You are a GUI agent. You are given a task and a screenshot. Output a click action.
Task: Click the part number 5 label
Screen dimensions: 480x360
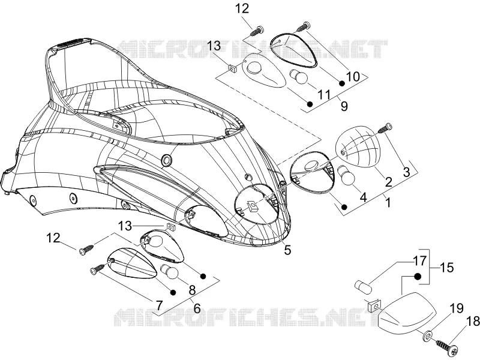(287, 250)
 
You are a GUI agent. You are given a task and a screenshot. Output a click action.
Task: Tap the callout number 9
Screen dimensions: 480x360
(344, 106)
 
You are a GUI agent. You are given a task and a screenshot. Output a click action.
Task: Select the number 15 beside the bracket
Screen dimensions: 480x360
(446, 268)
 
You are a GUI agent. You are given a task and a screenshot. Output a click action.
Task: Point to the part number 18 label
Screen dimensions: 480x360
(472, 322)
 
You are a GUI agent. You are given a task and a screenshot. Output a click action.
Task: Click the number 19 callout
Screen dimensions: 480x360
(457, 308)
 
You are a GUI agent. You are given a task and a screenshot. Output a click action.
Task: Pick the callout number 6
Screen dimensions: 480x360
(197, 308)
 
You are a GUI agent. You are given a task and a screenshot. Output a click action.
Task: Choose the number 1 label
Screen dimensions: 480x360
(388, 202)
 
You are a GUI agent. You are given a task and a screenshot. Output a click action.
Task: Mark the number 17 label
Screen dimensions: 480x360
(419, 261)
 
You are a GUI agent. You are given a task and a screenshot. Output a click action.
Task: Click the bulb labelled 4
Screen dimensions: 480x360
(346, 176)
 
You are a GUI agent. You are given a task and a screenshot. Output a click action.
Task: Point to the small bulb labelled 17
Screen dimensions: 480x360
(363, 286)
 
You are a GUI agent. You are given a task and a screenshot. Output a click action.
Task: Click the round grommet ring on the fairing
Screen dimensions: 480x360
(167, 160)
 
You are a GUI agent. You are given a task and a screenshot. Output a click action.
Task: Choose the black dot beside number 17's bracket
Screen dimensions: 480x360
(418, 277)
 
